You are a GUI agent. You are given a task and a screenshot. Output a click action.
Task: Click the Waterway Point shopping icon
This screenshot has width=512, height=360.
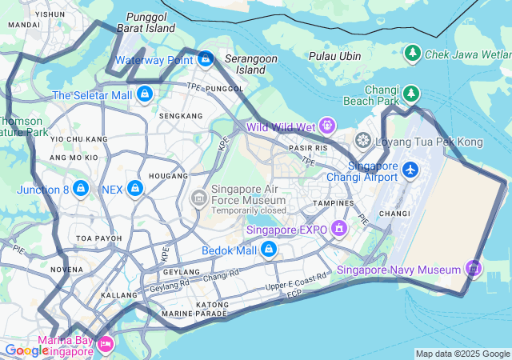(x=206, y=58)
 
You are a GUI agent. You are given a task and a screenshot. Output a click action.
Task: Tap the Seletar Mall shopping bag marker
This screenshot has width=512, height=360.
(x=145, y=94)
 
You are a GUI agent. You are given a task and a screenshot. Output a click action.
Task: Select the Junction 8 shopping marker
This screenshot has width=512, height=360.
(x=80, y=189)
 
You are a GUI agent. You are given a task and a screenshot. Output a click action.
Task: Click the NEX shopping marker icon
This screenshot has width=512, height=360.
(x=135, y=189)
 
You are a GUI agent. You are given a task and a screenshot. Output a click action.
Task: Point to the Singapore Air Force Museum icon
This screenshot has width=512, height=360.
(x=198, y=197)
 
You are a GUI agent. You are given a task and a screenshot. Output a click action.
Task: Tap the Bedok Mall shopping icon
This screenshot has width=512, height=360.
(x=269, y=250)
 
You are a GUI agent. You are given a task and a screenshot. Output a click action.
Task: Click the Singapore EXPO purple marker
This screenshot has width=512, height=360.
(x=339, y=229)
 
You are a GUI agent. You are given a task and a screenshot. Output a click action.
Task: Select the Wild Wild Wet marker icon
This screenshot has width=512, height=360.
(x=326, y=126)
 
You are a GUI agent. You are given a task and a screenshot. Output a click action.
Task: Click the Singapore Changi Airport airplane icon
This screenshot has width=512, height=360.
(x=410, y=170)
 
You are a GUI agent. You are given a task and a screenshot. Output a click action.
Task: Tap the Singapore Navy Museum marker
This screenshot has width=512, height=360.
(x=474, y=269)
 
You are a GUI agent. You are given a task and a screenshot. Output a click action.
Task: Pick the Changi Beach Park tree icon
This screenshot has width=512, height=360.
(x=411, y=94)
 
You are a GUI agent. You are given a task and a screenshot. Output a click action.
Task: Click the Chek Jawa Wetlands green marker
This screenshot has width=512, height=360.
(x=413, y=53)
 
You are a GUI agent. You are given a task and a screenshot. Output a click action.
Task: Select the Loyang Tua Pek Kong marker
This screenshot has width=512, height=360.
(x=363, y=142)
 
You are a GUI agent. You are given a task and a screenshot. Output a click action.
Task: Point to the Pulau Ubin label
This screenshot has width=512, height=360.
(x=334, y=56)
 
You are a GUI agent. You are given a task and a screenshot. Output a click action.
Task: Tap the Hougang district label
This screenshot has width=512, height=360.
(x=169, y=175)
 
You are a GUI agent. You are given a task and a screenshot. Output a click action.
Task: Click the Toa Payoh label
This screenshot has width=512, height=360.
(x=99, y=238)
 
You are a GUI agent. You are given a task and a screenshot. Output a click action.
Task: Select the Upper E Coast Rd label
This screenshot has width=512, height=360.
(x=296, y=281)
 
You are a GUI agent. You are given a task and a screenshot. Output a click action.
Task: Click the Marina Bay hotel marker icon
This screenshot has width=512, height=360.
(x=106, y=344)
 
